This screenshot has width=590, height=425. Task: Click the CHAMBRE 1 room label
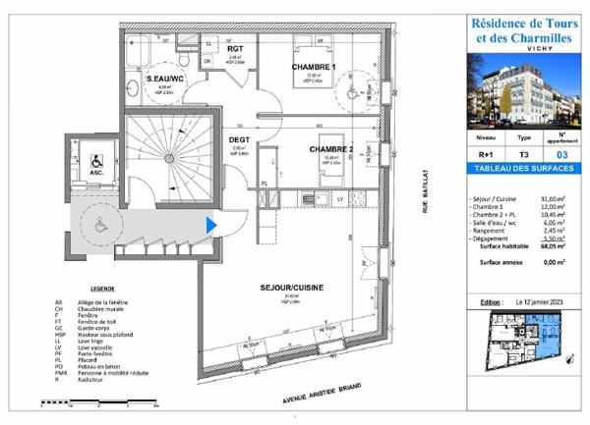(314, 67)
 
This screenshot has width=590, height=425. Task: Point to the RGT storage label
(235, 47)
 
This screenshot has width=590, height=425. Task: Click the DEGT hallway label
(238, 139)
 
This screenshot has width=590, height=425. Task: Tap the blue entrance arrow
(210, 225)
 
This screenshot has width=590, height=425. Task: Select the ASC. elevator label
(96, 173)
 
